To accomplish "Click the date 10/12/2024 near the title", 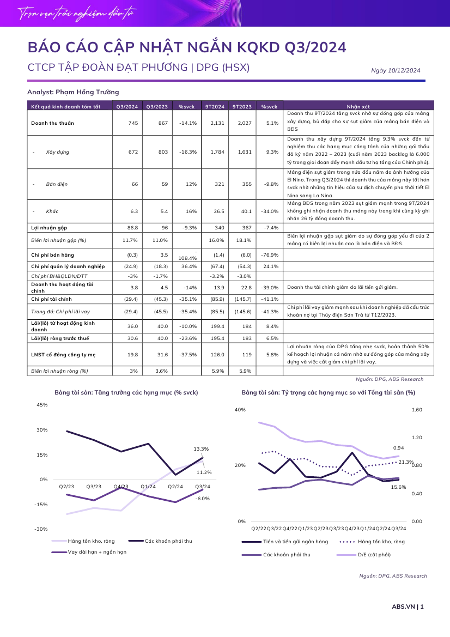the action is pyautogui.click(x=404, y=70).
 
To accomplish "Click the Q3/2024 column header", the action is pyautogui.click(x=127, y=106).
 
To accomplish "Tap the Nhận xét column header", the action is pyautogui.click(x=358, y=106).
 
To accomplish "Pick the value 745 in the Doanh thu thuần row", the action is pyautogui.click(x=133, y=123).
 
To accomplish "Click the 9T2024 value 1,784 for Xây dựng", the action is pyautogui.click(x=217, y=151).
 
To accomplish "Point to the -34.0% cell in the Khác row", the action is pyautogui.click(x=270, y=211).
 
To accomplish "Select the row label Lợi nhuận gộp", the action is pyautogui.click(x=49, y=228).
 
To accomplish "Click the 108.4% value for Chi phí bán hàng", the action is pyautogui.click(x=187, y=258).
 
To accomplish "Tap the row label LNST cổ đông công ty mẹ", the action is pyautogui.click(x=63, y=355).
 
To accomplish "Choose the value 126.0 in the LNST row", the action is pyautogui.click(x=217, y=355).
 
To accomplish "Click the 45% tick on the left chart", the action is pyautogui.click(x=42, y=405).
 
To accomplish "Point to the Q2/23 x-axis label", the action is pyautogui.click(x=66, y=486).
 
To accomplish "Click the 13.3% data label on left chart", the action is pyautogui.click(x=201, y=449).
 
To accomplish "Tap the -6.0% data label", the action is pyautogui.click(x=203, y=499).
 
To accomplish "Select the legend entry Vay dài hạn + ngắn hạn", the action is pyautogui.click(x=97, y=551).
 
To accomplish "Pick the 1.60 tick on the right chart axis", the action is pyautogui.click(x=417, y=410).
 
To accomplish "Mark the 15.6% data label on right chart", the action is pyautogui.click(x=398, y=487).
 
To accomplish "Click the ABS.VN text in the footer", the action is pyautogui.click(x=403, y=606).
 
